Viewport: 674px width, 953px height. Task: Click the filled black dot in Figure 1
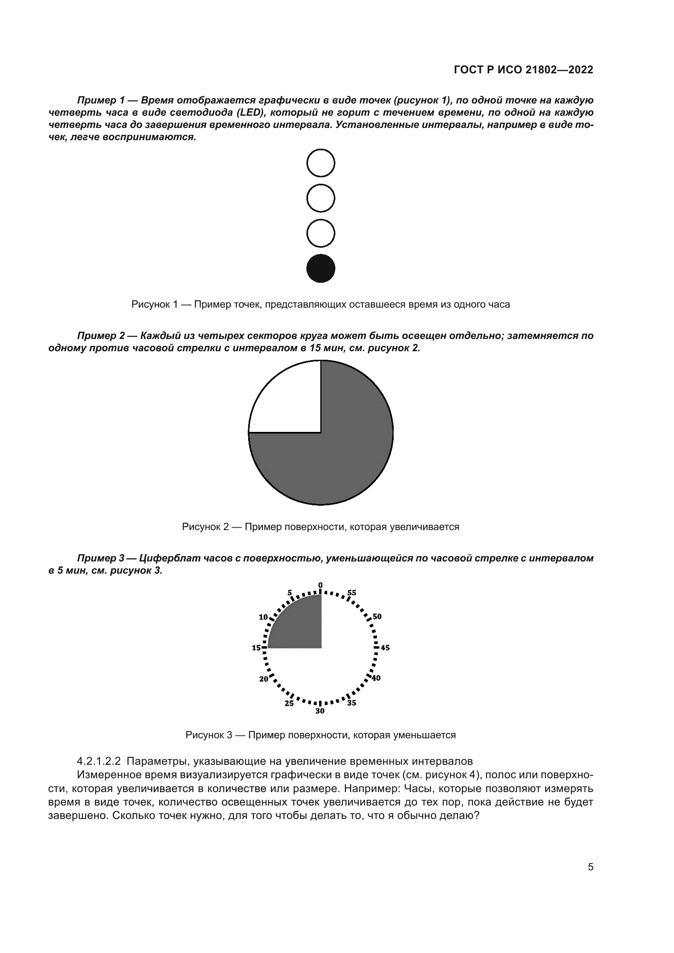coord(320,268)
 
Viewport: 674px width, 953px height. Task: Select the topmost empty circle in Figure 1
coord(320,163)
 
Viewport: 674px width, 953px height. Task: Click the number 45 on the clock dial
coord(385,647)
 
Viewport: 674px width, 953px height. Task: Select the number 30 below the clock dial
coord(319,711)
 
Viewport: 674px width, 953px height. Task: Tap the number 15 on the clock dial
coord(256,647)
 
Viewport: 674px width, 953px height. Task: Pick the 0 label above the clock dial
coord(320,585)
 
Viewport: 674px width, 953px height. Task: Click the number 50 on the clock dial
coord(377,616)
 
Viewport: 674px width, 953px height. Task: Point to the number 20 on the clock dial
coord(264,679)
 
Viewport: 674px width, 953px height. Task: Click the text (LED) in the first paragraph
coord(251,112)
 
